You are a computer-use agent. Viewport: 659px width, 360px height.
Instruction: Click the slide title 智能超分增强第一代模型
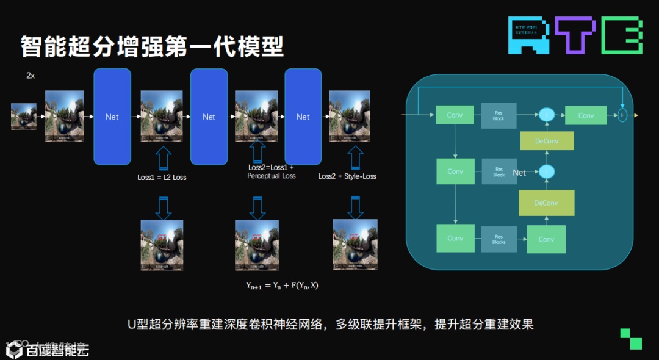[152, 46]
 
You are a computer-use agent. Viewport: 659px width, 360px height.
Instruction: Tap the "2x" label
[31, 76]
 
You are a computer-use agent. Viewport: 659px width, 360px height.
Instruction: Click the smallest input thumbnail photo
[24, 117]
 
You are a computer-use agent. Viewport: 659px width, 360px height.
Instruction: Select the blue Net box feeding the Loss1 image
[112, 117]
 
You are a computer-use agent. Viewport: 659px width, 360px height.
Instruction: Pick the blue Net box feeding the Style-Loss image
[303, 117]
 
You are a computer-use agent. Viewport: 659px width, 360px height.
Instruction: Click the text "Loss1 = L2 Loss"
[162, 177]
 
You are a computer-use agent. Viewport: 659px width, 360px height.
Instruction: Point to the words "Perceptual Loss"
[271, 176]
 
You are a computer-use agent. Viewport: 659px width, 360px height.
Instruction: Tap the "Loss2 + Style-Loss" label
[347, 176]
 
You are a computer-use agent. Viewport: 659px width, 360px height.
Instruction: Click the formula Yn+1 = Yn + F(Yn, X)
[281, 285]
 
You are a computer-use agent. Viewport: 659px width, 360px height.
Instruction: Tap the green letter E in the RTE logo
[622, 35]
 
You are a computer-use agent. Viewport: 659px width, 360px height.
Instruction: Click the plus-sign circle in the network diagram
[622, 115]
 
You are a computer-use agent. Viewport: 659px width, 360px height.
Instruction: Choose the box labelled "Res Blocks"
[499, 239]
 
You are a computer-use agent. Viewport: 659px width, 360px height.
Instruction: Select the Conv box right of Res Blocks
[546, 239]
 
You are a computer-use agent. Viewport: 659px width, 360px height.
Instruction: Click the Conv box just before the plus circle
[586, 115]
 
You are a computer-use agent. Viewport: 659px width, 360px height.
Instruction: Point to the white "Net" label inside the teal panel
[519, 173]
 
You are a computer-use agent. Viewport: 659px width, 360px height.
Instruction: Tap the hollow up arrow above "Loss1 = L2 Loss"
[162, 158]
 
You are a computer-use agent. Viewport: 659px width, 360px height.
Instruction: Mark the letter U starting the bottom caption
[131, 325]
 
